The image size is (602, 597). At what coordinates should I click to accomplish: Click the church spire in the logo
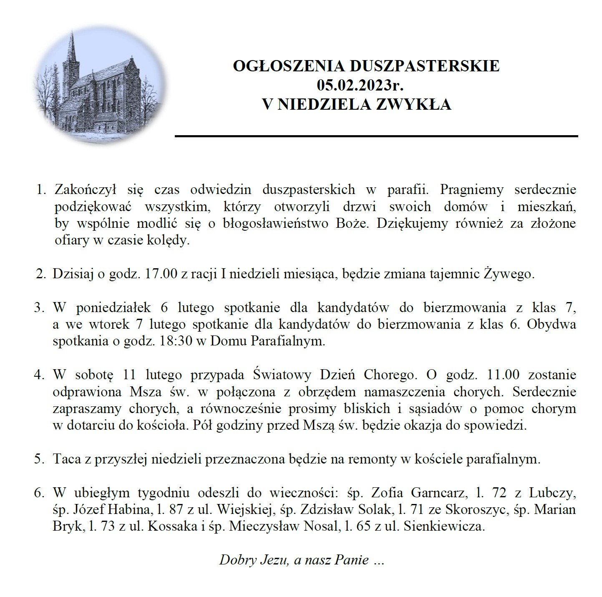point(72,46)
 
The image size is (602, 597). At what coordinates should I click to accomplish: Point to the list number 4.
point(39,375)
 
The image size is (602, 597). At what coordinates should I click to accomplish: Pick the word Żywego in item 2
point(509,275)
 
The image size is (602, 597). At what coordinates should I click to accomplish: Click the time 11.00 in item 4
point(503,375)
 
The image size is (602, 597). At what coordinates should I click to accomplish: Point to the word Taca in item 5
point(68,459)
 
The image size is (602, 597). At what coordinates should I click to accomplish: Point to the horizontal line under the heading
point(375,136)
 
